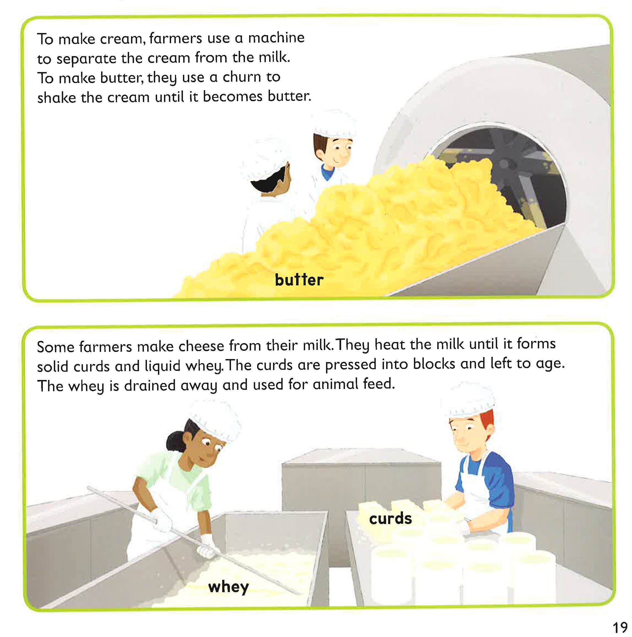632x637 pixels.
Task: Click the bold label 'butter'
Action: pyautogui.click(x=299, y=280)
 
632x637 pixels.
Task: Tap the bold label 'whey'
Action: pyautogui.click(x=228, y=587)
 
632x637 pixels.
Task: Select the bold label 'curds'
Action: pyautogui.click(x=390, y=519)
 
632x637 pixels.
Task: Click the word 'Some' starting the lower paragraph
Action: pyautogui.click(x=55, y=347)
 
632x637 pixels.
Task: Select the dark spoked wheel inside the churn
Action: pyautogui.click(x=504, y=165)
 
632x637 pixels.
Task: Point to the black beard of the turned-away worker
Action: pyautogui.click(x=268, y=181)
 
